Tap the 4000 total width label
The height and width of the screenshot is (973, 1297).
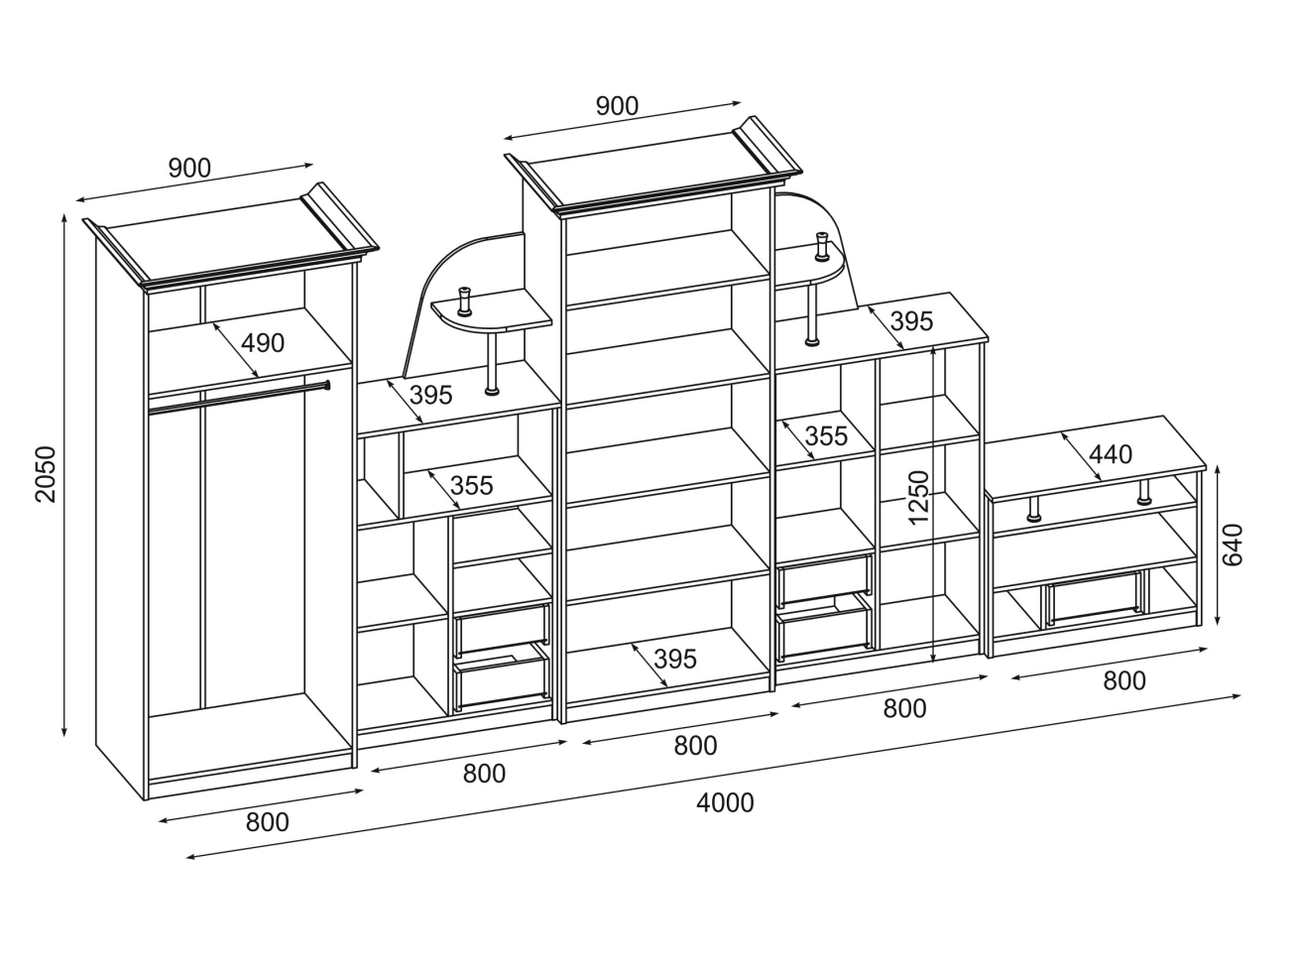click(x=725, y=802)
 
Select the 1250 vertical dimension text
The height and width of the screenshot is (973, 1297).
click(x=918, y=497)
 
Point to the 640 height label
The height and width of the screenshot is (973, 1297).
click(x=1233, y=545)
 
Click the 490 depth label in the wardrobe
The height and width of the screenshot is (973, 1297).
click(x=263, y=343)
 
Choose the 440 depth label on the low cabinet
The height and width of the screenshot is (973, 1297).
click(x=1110, y=454)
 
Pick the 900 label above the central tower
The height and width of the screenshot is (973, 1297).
click(x=617, y=106)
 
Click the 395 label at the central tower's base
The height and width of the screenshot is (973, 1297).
click(x=675, y=659)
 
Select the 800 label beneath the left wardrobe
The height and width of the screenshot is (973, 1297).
click(x=267, y=821)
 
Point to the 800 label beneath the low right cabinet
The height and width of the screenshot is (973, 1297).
click(x=1123, y=680)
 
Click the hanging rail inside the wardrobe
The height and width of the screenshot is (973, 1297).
click(x=238, y=394)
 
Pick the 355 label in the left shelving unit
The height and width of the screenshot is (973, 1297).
click(x=471, y=486)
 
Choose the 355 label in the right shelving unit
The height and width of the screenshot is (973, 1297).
click(x=825, y=435)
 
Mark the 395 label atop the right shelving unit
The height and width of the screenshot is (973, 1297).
click(x=911, y=321)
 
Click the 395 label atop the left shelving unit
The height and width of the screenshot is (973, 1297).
click(x=430, y=395)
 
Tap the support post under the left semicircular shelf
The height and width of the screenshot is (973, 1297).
click(x=492, y=361)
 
